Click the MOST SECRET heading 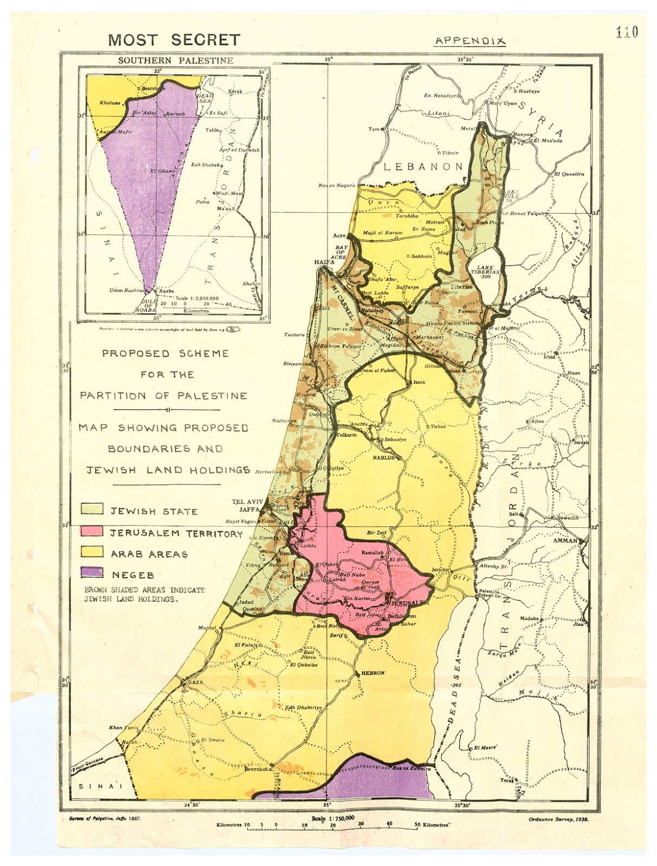coord(173,40)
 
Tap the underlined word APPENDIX coord(470,41)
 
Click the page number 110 coord(627,32)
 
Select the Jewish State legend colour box coord(92,509)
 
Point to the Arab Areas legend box coord(92,552)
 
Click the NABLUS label coord(382,458)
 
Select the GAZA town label coord(194,683)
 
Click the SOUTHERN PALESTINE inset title coord(175,61)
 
